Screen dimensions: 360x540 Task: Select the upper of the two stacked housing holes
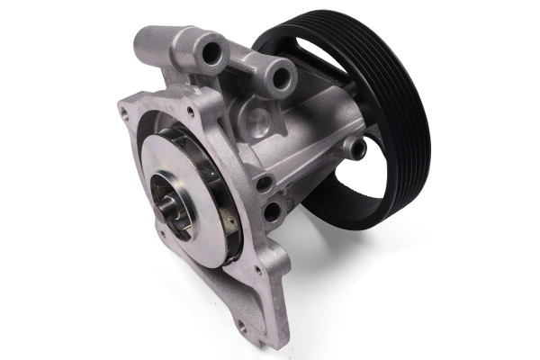tap(265, 184)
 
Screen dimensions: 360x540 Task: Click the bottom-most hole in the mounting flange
tap(242, 326)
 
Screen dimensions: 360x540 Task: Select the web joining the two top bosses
tap(243, 67)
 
